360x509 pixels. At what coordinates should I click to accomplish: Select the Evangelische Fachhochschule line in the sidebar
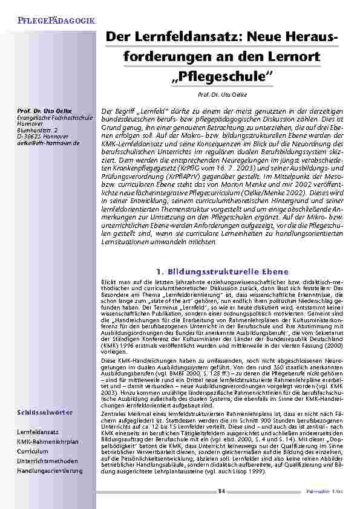pyautogui.click(x=54, y=118)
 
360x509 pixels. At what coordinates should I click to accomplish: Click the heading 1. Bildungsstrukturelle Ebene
pyautogui.click(x=221, y=271)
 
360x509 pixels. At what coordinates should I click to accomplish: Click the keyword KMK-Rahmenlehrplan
pyautogui.click(x=48, y=441)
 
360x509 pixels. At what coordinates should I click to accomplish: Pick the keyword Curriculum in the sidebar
pyautogui.click(x=32, y=451)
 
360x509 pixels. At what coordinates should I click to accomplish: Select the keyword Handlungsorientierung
pyautogui.click(x=50, y=470)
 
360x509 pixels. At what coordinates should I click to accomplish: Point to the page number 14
pyautogui.click(x=221, y=491)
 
